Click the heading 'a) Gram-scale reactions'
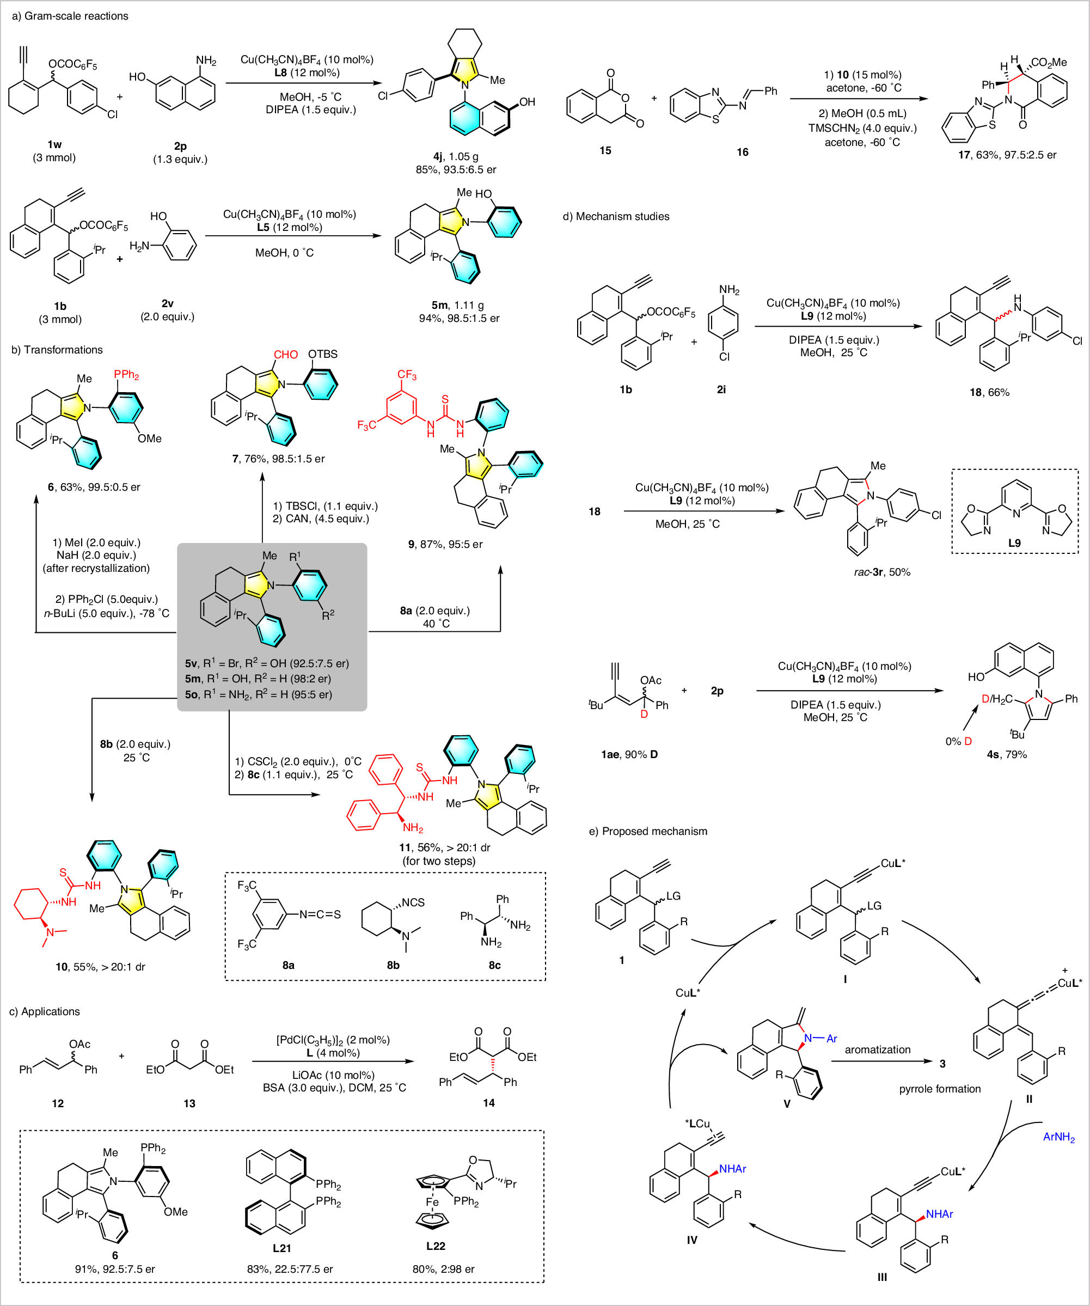pyautogui.click(x=70, y=16)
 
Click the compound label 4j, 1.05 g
pyautogui.click(x=455, y=156)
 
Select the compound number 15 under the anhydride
pyautogui.click(x=605, y=150)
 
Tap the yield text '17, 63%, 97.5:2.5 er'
pyautogui.click(x=1007, y=155)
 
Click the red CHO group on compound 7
pyautogui.click(x=285, y=355)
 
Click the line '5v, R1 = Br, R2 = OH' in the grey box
pyautogui.click(x=267, y=663)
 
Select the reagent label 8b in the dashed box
pyautogui.click(x=393, y=965)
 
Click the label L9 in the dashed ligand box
pyautogui.click(x=1014, y=543)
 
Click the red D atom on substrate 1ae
pyautogui.click(x=644, y=714)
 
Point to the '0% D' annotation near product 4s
pyautogui.click(x=958, y=741)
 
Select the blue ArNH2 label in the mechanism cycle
pyautogui.click(x=1058, y=1137)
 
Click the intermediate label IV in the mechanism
pyautogui.click(x=691, y=1240)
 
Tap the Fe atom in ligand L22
pyautogui.click(x=432, y=1202)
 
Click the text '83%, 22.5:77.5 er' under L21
pyautogui.click(x=290, y=1268)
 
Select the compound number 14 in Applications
pyautogui.click(x=489, y=1103)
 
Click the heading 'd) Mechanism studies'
pyautogui.click(x=616, y=216)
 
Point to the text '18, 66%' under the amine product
pyautogui.click(x=989, y=393)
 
